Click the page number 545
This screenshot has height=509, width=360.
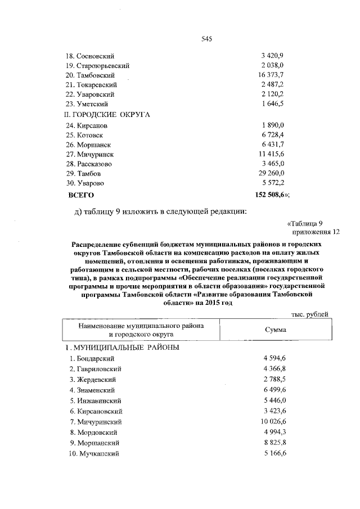206,39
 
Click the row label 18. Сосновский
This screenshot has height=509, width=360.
91,56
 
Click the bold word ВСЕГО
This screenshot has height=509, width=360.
80,195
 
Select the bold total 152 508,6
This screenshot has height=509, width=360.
271,195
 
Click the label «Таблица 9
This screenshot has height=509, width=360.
305,223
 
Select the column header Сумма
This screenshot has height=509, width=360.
276,330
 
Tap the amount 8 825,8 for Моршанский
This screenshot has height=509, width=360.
273,443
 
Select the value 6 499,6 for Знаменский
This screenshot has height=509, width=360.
273,390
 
